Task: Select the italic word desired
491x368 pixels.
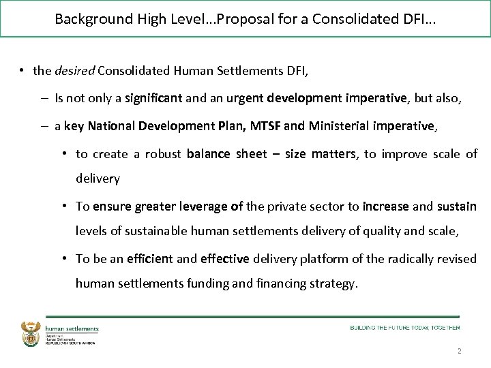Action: tap(74, 71)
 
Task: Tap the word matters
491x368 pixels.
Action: tap(334, 154)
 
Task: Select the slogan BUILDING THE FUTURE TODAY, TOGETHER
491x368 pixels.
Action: tap(405, 328)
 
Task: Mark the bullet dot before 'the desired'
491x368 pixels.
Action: tap(23, 71)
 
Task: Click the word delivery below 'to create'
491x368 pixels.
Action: tap(98, 179)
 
